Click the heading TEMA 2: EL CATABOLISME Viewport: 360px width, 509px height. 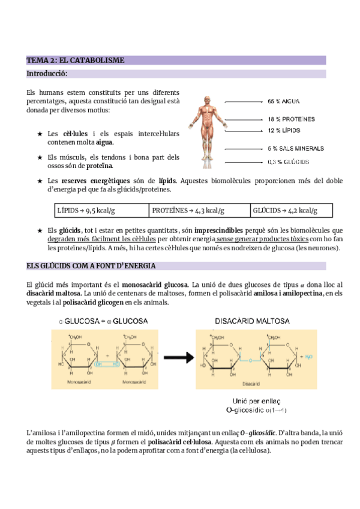(x=76, y=60)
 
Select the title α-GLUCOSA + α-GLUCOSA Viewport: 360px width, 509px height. (x=103, y=322)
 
